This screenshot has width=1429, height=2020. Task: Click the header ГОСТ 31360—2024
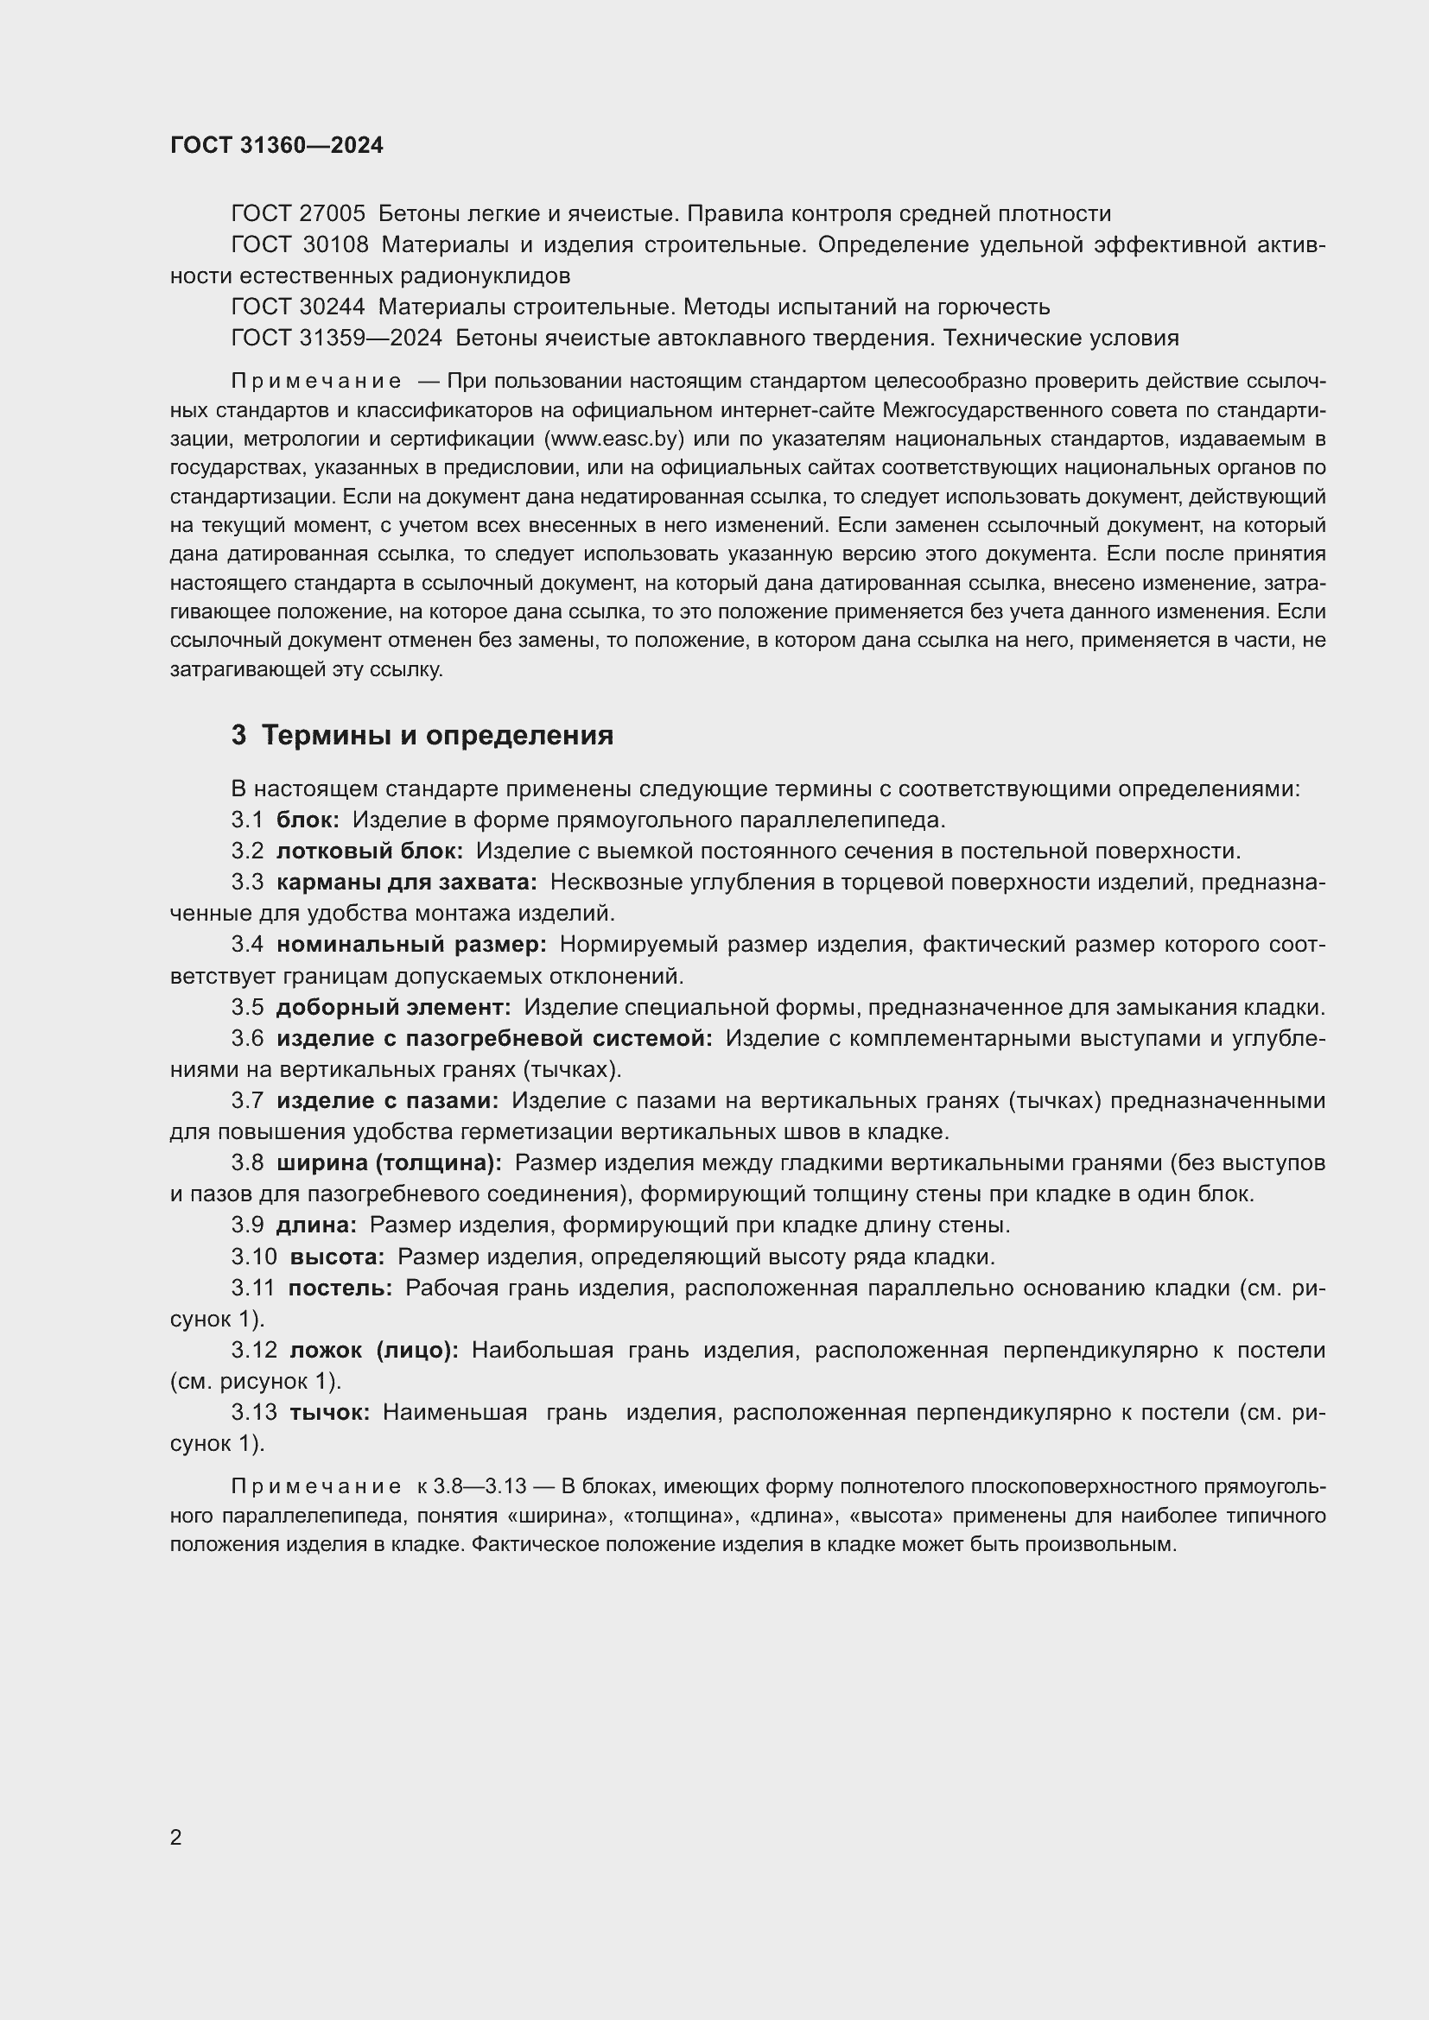276,146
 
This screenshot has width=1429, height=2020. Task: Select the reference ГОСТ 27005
297,214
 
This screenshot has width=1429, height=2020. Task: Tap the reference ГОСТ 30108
299,244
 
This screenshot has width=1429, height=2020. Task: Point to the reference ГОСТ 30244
297,307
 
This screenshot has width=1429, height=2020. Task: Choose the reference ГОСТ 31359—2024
336,338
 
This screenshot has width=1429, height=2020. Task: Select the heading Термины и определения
437,735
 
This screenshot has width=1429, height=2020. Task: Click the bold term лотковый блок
370,851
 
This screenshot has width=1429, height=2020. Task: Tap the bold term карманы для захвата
407,882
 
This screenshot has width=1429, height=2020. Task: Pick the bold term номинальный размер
411,944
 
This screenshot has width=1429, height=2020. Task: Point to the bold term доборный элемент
393,1006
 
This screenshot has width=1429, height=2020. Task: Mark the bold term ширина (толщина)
389,1162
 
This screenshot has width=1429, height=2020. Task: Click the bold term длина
317,1225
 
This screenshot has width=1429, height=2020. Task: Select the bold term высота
337,1257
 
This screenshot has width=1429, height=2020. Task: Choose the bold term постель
340,1288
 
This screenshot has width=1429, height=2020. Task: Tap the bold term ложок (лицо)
374,1350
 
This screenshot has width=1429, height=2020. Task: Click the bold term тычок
330,1412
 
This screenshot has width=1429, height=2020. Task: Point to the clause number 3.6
247,1038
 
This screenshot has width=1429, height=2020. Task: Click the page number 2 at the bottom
176,1837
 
